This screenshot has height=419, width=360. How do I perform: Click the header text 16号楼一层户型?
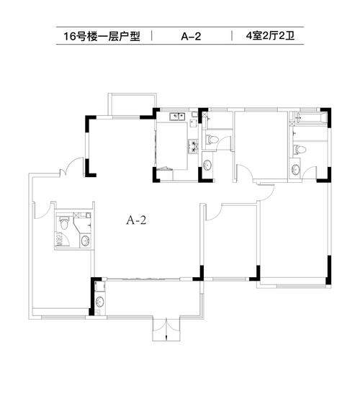(102, 36)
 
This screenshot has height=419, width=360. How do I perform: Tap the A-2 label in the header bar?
(191, 36)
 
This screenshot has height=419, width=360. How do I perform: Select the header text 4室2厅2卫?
(270, 35)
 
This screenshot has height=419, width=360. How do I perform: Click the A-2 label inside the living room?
(136, 220)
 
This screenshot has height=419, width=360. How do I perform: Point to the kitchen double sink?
(177, 117)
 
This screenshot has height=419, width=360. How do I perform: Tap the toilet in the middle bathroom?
(212, 140)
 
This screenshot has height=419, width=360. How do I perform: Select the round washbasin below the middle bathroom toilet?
(207, 165)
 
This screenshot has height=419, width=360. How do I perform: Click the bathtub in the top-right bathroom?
(312, 118)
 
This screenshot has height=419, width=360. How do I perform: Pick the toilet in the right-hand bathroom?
(299, 150)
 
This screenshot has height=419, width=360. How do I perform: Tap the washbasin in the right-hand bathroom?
(295, 169)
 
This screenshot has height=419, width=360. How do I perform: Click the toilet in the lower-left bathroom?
(64, 222)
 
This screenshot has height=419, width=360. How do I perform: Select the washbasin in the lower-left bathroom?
(85, 241)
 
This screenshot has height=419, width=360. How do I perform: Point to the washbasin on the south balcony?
(100, 302)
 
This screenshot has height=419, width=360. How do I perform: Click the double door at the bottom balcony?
(166, 329)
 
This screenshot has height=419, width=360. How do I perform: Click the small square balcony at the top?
(132, 105)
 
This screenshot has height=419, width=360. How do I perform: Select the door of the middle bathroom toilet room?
(223, 143)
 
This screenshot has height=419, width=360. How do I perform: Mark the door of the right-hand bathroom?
(310, 174)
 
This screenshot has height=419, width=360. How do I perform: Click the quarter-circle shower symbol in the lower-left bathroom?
(62, 240)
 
